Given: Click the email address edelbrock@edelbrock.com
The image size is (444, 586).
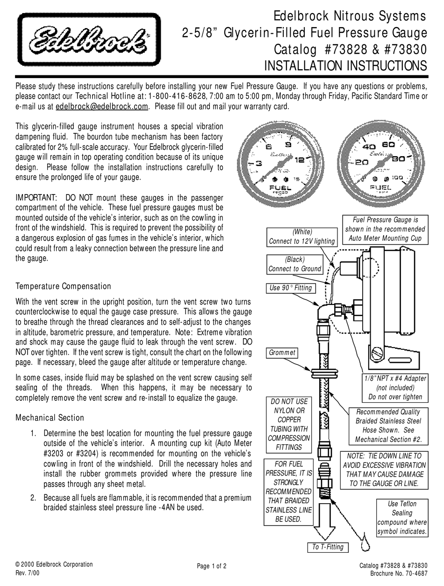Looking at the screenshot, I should (x=102, y=106).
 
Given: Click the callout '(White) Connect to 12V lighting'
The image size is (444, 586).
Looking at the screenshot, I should (x=301, y=237).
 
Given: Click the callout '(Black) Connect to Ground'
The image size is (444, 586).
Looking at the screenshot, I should (x=294, y=264).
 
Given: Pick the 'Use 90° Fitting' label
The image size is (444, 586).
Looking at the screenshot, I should (x=290, y=288).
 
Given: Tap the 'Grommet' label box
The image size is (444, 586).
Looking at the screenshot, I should (x=282, y=353).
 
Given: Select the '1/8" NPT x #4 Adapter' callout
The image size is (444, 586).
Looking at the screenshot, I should (x=395, y=388).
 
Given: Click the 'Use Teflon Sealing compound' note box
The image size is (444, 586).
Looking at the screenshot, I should (x=402, y=518).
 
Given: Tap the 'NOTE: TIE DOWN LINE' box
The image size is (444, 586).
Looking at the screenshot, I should (x=384, y=470).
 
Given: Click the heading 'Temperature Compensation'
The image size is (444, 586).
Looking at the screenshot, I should (x=64, y=286).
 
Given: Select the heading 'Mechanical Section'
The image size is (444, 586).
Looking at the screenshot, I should (x=50, y=418).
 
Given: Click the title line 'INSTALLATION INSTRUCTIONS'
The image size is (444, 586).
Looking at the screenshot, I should (x=345, y=65).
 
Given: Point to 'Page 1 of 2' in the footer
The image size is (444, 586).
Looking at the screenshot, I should (x=212, y=566).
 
